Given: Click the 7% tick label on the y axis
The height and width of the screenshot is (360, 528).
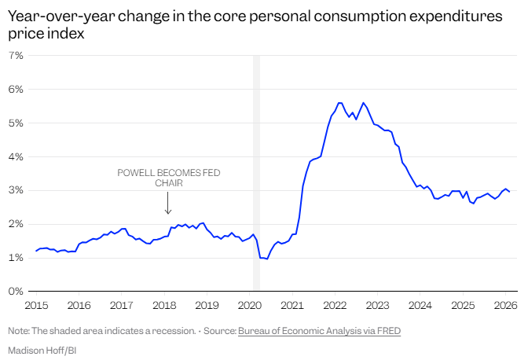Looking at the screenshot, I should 15,56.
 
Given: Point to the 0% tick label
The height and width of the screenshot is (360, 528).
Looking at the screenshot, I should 15,292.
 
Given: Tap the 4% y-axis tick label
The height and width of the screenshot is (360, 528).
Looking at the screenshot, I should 15,157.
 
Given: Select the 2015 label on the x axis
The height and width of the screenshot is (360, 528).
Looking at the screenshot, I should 36,304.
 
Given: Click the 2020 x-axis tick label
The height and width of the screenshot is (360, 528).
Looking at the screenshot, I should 249,304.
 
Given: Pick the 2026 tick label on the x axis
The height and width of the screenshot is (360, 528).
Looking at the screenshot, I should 505,304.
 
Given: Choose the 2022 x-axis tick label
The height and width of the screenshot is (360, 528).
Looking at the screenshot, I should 335,304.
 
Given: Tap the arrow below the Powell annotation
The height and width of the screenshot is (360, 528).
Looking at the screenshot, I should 167,204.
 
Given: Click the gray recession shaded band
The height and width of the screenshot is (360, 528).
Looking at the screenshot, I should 256,173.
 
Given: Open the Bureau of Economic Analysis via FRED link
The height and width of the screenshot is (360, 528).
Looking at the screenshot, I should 319,331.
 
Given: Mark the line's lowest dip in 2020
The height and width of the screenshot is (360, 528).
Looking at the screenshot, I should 267,259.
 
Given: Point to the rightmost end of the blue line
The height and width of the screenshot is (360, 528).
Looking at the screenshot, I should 509,192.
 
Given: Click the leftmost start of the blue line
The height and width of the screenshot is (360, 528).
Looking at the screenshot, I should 36,251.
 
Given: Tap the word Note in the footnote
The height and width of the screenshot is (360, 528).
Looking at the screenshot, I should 19,331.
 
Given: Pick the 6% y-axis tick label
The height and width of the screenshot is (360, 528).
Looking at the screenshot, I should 15,90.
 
